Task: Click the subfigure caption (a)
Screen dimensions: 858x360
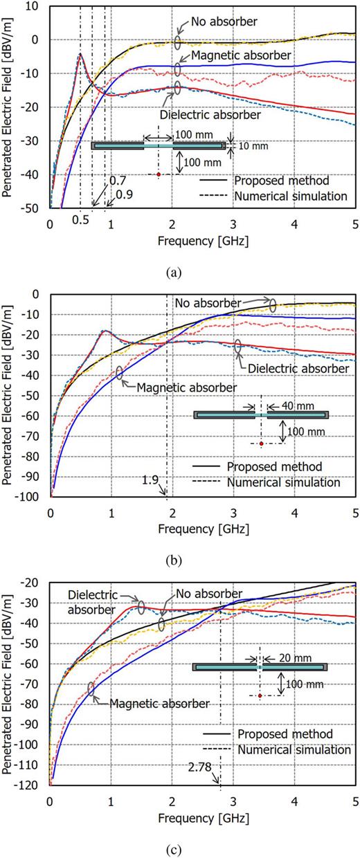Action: pyautogui.click(x=179, y=272)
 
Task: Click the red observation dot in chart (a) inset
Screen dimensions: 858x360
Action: pyautogui.click(x=159, y=174)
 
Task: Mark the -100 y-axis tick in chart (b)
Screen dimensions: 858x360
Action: pyautogui.click(x=30, y=497)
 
